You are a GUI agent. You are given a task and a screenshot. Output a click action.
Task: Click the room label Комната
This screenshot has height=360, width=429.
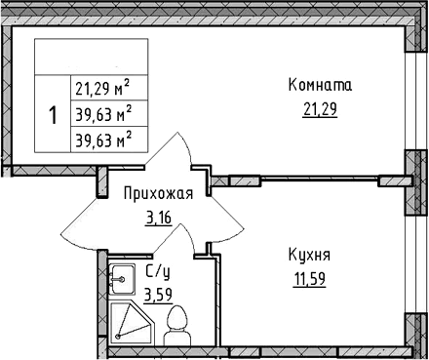(318, 86)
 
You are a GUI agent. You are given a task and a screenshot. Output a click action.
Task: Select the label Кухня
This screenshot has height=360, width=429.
(310, 256)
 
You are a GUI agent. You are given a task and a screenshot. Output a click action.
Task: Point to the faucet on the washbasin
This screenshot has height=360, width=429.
(114, 278)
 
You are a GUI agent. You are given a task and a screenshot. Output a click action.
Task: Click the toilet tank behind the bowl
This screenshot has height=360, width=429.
(177, 336)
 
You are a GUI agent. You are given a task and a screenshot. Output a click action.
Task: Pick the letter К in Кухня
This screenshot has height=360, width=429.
(292, 256)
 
